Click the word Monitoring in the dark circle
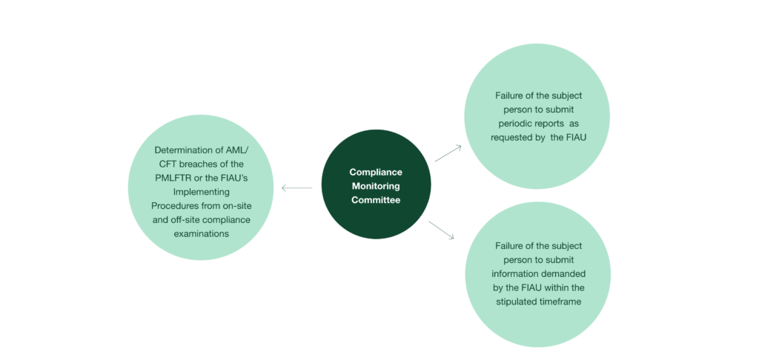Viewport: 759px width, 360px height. [376, 185]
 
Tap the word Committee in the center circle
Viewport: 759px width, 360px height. [376, 199]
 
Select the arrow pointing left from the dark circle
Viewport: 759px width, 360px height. [296, 188]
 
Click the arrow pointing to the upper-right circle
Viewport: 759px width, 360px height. [448, 153]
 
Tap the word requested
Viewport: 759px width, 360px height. [511, 138]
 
